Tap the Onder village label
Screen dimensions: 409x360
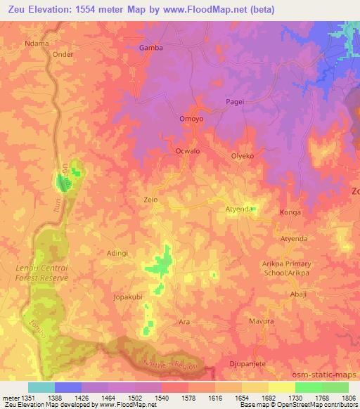63,54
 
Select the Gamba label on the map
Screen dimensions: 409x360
151,48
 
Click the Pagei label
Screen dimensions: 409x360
235,102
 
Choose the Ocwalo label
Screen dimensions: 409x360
187,151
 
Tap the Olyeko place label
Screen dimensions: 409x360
242,155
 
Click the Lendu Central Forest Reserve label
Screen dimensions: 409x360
42,273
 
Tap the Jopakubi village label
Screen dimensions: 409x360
128,297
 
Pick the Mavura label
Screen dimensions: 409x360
262,321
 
